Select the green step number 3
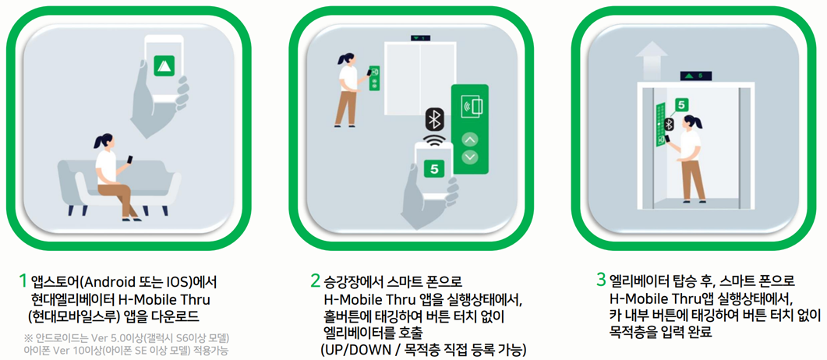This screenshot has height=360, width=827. click(601, 281)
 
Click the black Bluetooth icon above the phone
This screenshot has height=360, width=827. click(435, 120)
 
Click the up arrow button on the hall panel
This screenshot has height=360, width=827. click(469, 139)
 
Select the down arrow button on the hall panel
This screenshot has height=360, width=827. click(469, 157)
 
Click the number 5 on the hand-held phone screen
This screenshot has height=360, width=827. click(434, 169)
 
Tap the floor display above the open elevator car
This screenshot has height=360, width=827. click(695, 76)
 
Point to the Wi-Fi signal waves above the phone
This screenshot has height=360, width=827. click(435, 139)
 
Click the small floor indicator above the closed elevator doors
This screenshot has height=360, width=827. click(420, 38)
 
